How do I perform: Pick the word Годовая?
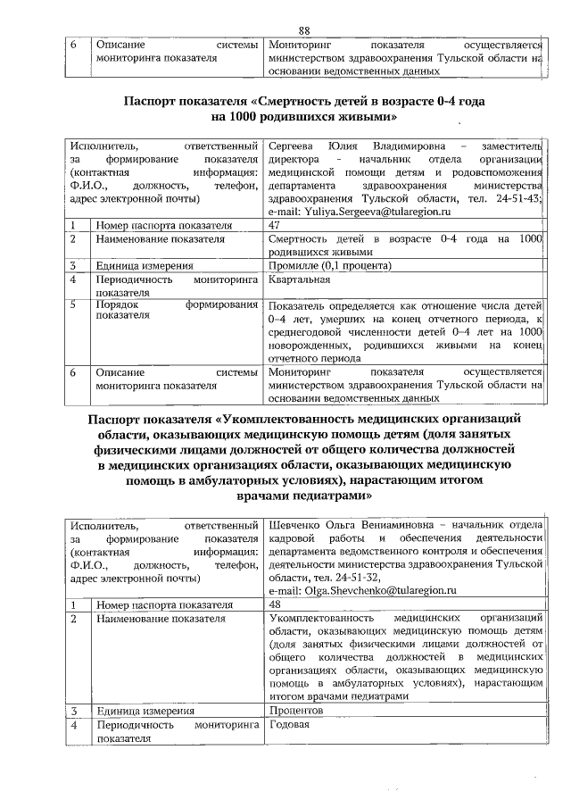[288, 725]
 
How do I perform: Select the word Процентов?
[295, 711]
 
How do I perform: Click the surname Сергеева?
[291, 146]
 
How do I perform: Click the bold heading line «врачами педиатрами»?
[303, 495]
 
